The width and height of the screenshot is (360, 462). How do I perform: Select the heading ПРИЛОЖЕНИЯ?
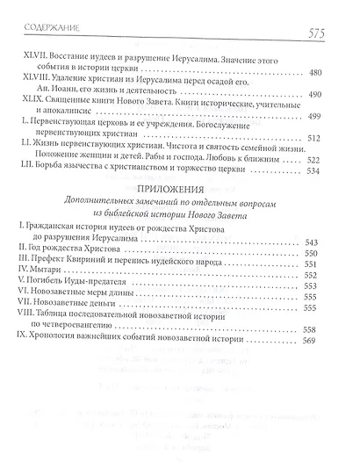tap(181, 213)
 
